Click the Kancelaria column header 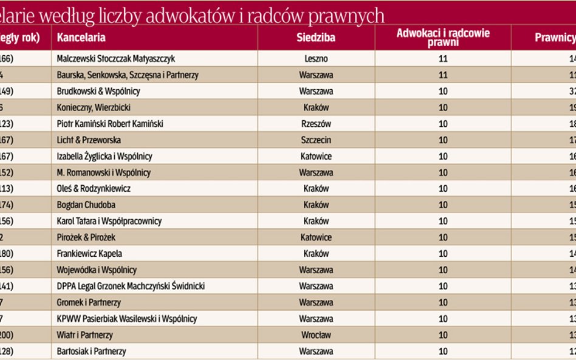(x=81, y=38)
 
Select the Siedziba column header (x=316, y=38)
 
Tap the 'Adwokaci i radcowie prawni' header (x=443, y=38)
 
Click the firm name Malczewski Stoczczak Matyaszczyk (x=115, y=59)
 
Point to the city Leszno (x=316, y=59)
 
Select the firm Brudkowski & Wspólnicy (x=98, y=91)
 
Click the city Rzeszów (x=316, y=124)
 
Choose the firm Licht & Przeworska (x=88, y=140)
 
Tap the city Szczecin (x=316, y=140)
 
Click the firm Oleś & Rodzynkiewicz (x=93, y=189)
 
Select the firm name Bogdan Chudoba (x=86, y=205)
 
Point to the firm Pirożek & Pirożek (x=86, y=237)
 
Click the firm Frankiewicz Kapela (x=89, y=254)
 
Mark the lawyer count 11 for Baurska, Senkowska (x=443, y=75)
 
